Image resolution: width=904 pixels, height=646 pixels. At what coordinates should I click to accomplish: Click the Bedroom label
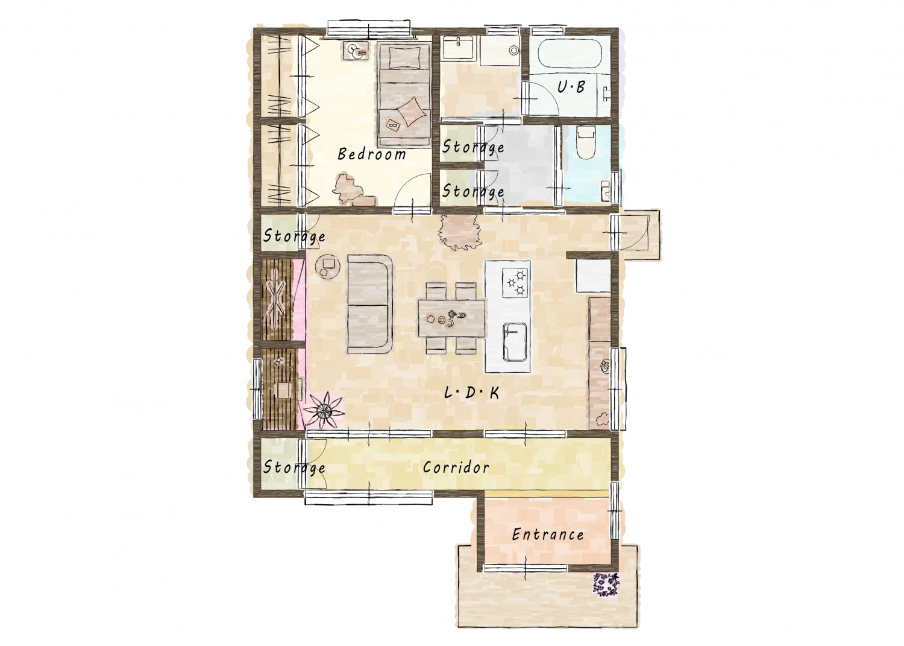tap(372, 154)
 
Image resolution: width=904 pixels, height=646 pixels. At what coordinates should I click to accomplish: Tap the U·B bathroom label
tap(571, 87)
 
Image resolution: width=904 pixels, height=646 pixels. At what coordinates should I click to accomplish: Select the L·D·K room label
tap(471, 392)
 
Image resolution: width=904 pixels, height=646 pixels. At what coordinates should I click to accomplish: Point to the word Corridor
tap(456, 467)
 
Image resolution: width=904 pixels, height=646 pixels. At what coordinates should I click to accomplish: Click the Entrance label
tap(548, 534)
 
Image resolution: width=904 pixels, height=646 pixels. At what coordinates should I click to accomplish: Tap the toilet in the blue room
tap(586, 142)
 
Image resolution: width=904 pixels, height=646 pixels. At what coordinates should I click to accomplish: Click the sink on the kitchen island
tap(515, 341)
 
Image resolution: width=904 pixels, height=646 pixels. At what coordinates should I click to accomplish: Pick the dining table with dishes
tap(451, 318)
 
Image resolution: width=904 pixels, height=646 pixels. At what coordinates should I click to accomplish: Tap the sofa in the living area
tap(369, 304)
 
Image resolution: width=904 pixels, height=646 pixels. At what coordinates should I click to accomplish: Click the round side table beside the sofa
tap(327, 266)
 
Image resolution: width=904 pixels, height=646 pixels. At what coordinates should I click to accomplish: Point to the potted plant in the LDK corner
tap(323, 411)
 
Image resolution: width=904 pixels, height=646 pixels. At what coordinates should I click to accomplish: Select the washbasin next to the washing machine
tap(459, 48)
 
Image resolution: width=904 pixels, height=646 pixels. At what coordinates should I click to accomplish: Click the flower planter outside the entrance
tap(605, 584)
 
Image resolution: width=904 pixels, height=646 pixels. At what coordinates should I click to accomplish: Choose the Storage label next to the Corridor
tap(294, 467)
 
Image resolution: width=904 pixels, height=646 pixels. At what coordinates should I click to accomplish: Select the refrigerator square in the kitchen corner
tap(593, 276)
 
